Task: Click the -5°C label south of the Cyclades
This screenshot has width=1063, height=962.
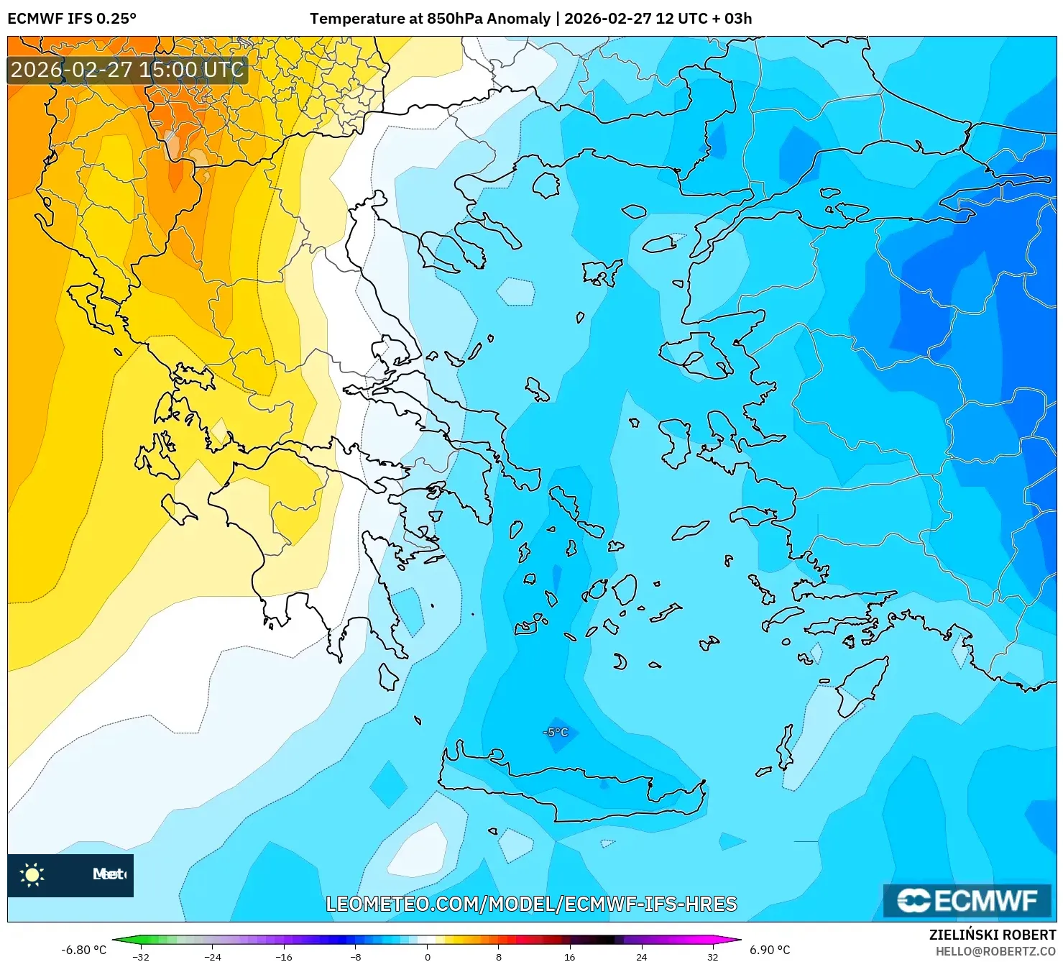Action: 556,732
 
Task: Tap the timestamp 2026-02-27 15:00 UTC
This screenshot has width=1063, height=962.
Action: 127,70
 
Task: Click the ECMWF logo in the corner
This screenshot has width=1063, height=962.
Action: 967,900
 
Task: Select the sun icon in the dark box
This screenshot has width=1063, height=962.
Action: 32,874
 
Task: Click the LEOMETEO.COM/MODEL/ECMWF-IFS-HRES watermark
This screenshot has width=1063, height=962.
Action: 531,904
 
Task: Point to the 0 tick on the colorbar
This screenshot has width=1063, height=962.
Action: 428,956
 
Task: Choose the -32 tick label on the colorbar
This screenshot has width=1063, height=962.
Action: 141,956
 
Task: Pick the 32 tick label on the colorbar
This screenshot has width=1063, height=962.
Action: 712,956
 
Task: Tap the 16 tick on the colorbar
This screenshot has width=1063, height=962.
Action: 570,956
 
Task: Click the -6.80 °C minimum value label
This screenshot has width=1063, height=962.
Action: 83,950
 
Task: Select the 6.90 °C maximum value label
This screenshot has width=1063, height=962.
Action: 770,950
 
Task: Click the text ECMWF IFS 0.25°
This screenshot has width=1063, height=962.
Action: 72,19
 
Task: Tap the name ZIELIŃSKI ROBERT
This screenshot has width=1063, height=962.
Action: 993,935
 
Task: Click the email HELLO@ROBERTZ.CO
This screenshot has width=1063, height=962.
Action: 995,951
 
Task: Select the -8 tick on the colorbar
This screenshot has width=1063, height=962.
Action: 356,956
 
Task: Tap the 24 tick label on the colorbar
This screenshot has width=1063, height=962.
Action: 641,956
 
